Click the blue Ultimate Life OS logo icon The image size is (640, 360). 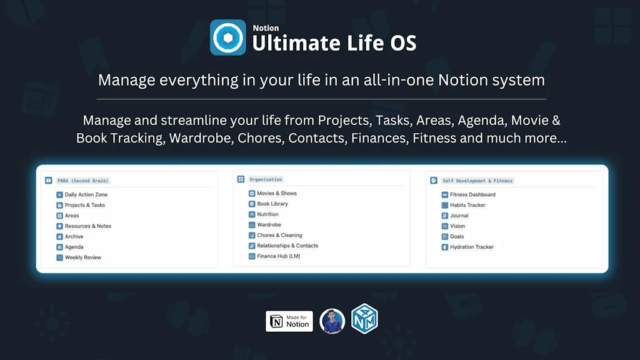227,37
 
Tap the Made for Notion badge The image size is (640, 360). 289,321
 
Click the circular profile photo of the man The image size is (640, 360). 332,321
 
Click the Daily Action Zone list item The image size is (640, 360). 86,194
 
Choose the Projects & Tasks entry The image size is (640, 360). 84,205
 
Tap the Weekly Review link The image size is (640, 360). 82,257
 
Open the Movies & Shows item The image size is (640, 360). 276,193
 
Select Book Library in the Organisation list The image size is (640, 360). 272,204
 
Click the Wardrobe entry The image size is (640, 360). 269,224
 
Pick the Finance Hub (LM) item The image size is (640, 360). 278,256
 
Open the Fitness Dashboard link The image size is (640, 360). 472,194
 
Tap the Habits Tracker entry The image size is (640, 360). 467,205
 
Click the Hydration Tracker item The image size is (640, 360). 471,247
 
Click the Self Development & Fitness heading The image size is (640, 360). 477,181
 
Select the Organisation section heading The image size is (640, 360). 266,179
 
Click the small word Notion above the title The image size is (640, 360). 266,28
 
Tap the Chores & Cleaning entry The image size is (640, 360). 279,235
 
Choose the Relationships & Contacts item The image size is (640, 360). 287,246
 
